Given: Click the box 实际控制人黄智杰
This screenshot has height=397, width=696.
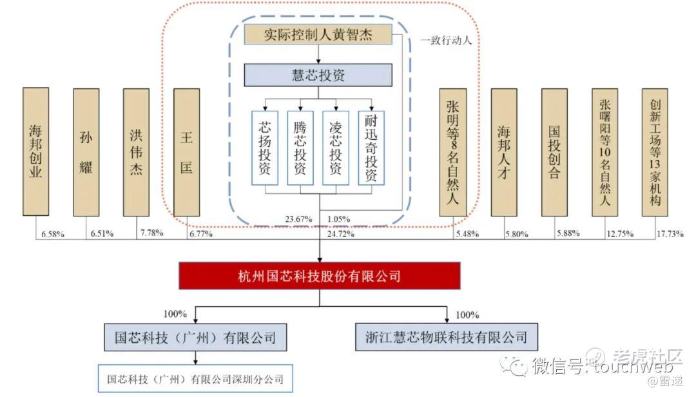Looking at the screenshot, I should click(x=318, y=34).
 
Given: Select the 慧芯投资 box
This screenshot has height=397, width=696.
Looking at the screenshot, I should click(x=318, y=75).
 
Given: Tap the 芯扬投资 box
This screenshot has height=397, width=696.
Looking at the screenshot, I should click(x=264, y=148).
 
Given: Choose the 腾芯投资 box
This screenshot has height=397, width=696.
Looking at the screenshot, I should click(x=300, y=148).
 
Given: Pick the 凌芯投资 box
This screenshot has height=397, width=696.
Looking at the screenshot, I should click(x=335, y=148).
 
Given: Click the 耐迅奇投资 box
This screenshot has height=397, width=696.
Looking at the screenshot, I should click(x=371, y=148).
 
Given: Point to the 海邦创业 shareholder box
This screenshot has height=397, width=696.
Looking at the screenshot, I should click(x=35, y=151).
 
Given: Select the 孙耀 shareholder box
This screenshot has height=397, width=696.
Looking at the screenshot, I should click(x=86, y=151).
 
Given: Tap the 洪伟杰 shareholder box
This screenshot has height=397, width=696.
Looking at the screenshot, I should click(x=136, y=151).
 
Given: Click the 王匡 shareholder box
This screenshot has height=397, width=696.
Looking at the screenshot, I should click(x=186, y=151).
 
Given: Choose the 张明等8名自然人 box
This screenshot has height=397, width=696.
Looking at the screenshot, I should click(x=452, y=151).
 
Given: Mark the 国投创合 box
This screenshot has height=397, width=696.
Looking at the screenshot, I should click(x=554, y=151).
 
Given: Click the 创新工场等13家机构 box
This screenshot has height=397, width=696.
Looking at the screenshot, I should click(x=655, y=151).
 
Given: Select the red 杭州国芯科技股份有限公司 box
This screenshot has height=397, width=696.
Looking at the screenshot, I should click(x=320, y=276).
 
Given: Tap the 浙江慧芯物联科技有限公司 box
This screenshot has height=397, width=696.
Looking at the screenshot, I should click(x=446, y=336).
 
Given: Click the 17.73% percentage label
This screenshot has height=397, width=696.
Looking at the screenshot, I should click(x=670, y=234).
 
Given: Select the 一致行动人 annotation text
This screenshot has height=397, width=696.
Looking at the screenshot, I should click(x=446, y=40).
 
